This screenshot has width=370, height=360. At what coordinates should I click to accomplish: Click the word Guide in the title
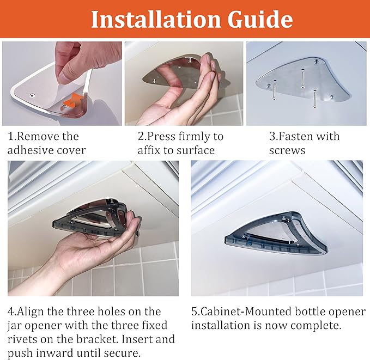[x=260, y=19]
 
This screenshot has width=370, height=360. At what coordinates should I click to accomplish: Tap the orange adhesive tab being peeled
[x=75, y=100]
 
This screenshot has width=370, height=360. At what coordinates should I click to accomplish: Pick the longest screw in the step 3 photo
[x=302, y=78]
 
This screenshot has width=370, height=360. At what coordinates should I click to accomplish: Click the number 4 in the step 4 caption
[x=11, y=312]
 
